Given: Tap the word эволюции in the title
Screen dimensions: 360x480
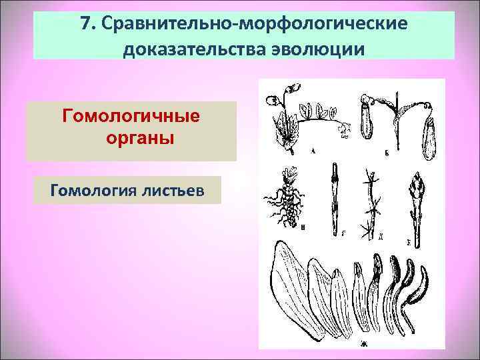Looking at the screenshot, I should click(x=317, y=49).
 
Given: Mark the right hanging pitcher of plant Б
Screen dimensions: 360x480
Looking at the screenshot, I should click(x=429, y=137).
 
